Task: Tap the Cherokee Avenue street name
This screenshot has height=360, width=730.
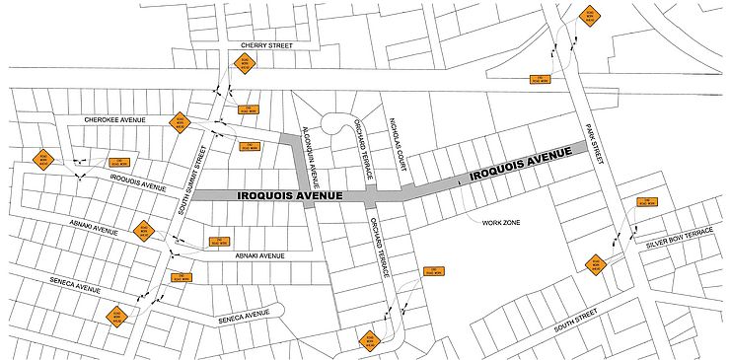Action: (x=114, y=119)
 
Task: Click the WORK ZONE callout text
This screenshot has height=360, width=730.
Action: (x=501, y=223)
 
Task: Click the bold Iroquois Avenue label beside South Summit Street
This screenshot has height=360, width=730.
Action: (x=290, y=196)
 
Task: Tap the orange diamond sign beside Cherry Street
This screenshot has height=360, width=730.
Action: (x=244, y=65)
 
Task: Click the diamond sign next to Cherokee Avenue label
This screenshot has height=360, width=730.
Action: (x=179, y=122)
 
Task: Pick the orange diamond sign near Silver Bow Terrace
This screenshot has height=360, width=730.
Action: (x=595, y=265)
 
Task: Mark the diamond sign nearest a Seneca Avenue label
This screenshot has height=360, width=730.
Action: (x=117, y=316)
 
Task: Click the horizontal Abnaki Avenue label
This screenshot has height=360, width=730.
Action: (x=259, y=255)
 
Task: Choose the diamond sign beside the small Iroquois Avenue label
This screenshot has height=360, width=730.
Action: (x=42, y=159)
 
